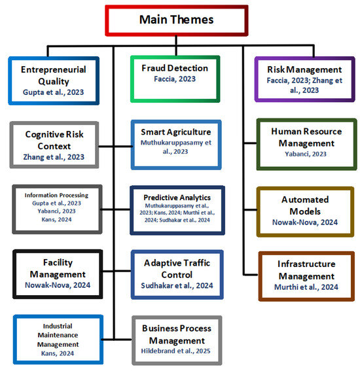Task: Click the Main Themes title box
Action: click(177, 20)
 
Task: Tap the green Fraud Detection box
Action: click(175, 78)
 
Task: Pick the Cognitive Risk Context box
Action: click(53, 143)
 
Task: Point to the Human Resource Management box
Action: click(306, 142)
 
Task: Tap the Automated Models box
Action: click(306, 210)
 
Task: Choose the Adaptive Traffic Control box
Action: click(176, 274)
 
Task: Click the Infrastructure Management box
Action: click(306, 275)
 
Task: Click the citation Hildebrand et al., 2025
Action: click(176, 351)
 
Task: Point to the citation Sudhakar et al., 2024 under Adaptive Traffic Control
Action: click(176, 285)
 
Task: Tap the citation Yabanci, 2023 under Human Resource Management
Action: click(306, 154)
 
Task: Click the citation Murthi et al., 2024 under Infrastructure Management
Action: click(306, 286)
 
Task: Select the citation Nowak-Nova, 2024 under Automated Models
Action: click(306, 222)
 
